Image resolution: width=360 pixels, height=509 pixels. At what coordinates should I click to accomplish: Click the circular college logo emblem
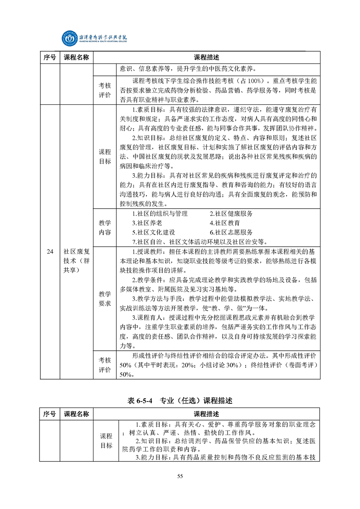pyautogui.click(x=70, y=38)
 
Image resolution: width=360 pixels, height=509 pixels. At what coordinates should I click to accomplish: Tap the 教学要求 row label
pyautogui.click(x=105, y=298)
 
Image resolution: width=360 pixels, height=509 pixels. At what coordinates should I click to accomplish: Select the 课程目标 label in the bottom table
pyautogui.click(x=106, y=440)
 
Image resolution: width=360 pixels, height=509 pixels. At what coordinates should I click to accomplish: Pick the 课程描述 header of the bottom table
pyautogui.click(x=206, y=414)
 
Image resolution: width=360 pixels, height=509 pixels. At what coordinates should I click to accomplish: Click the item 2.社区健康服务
pyautogui.click(x=231, y=214)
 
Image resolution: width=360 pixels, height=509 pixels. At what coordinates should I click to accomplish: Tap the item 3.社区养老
pyautogui.click(x=146, y=223)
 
